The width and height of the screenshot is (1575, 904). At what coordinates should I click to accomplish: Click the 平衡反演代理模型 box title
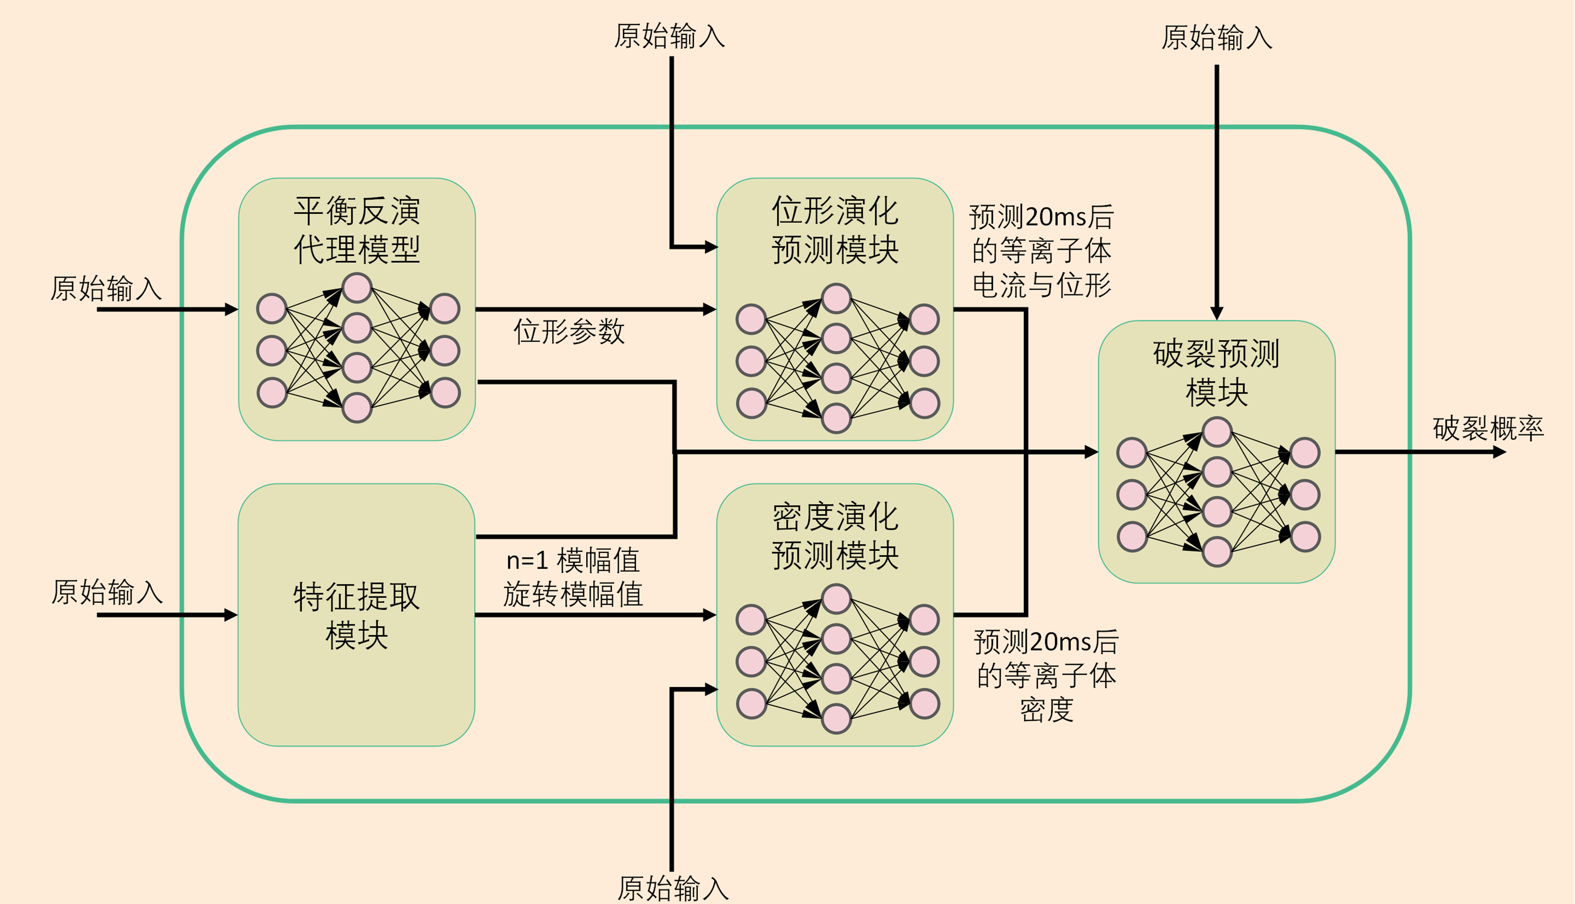[357, 230]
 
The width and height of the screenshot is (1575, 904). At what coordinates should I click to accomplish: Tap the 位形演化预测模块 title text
[835, 230]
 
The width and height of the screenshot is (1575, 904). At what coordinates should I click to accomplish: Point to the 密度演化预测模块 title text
[835, 535]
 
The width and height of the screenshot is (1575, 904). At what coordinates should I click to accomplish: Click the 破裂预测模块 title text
[1216, 373]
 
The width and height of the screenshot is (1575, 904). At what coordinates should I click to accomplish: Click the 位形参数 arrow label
[568, 331]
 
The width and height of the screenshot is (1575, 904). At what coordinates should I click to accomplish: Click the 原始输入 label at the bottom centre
[673, 888]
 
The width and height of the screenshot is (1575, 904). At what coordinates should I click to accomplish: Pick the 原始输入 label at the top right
[1216, 37]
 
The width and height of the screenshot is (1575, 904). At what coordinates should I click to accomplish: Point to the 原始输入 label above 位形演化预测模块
[669, 35]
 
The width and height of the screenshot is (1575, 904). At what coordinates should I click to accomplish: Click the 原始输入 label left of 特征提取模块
[107, 592]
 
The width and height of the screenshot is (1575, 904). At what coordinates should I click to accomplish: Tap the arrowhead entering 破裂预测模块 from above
[1217, 313]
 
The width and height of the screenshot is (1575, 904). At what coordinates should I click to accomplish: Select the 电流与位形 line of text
[1042, 285]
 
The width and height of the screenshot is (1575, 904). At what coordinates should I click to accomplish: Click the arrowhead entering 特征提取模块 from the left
[231, 615]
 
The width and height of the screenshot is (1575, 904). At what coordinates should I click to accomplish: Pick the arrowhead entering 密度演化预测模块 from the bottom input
[711, 689]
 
